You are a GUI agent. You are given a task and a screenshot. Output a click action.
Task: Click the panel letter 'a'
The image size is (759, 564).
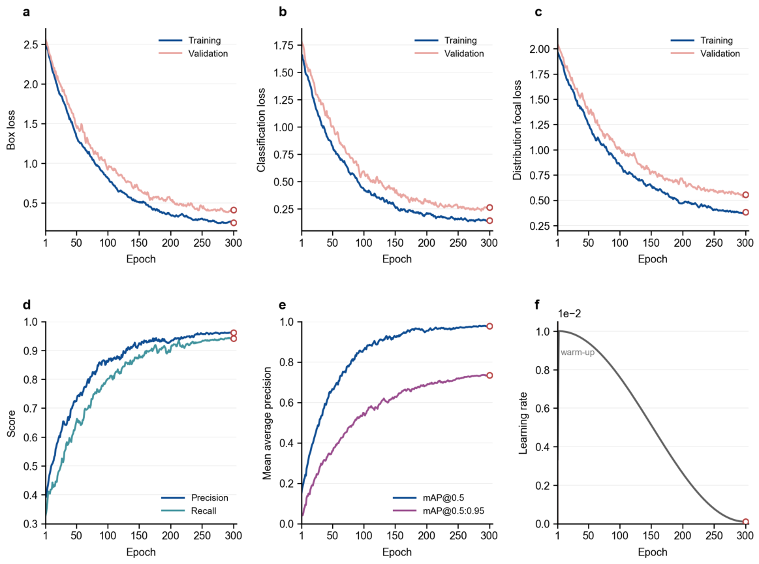point(26,12)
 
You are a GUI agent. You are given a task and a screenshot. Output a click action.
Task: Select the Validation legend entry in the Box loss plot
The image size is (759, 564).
point(194,54)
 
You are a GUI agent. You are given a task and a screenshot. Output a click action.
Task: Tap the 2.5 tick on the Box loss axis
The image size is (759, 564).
point(31,44)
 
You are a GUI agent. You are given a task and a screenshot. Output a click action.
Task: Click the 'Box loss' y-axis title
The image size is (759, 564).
point(10,130)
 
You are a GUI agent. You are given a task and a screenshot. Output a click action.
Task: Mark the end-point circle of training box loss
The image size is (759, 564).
point(234,223)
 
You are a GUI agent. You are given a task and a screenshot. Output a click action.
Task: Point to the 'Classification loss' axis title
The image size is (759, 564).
point(262,130)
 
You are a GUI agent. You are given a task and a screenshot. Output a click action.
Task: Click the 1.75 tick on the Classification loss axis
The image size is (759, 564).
point(284,45)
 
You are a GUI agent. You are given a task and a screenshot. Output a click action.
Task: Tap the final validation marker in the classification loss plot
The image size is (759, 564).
point(489,207)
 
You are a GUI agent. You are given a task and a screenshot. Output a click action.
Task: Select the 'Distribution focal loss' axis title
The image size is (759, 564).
point(518,130)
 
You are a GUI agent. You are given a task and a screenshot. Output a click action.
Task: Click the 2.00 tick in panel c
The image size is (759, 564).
point(540,48)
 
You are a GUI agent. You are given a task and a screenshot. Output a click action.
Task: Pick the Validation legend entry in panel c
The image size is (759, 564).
point(705,54)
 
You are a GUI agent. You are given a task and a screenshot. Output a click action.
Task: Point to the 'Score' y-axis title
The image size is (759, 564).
point(10,423)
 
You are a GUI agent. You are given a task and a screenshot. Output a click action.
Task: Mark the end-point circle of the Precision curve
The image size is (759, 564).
point(234,333)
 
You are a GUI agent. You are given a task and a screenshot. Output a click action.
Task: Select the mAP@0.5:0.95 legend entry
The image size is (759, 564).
point(439,510)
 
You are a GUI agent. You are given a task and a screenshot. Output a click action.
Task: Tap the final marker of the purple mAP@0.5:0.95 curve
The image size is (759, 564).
point(489,375)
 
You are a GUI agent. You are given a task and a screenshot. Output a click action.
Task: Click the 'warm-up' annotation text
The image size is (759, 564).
point(578,352)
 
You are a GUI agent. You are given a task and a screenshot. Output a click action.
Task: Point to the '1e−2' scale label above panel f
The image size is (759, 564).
point(570,314)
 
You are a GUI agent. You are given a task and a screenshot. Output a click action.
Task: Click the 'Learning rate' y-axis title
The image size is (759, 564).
point(523,423)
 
